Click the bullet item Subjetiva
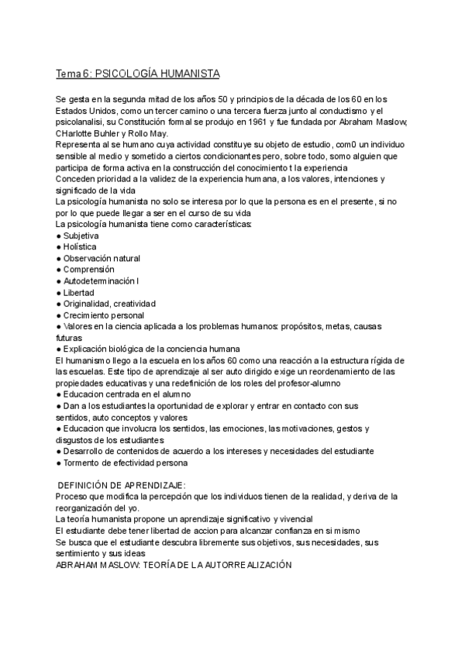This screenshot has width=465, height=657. point(81,235)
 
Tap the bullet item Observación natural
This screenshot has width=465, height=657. point(102,258)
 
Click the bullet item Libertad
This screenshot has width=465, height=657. point(78,293)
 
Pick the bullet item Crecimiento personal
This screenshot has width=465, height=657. point(103,315)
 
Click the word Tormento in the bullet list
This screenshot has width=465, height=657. point(82,463)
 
